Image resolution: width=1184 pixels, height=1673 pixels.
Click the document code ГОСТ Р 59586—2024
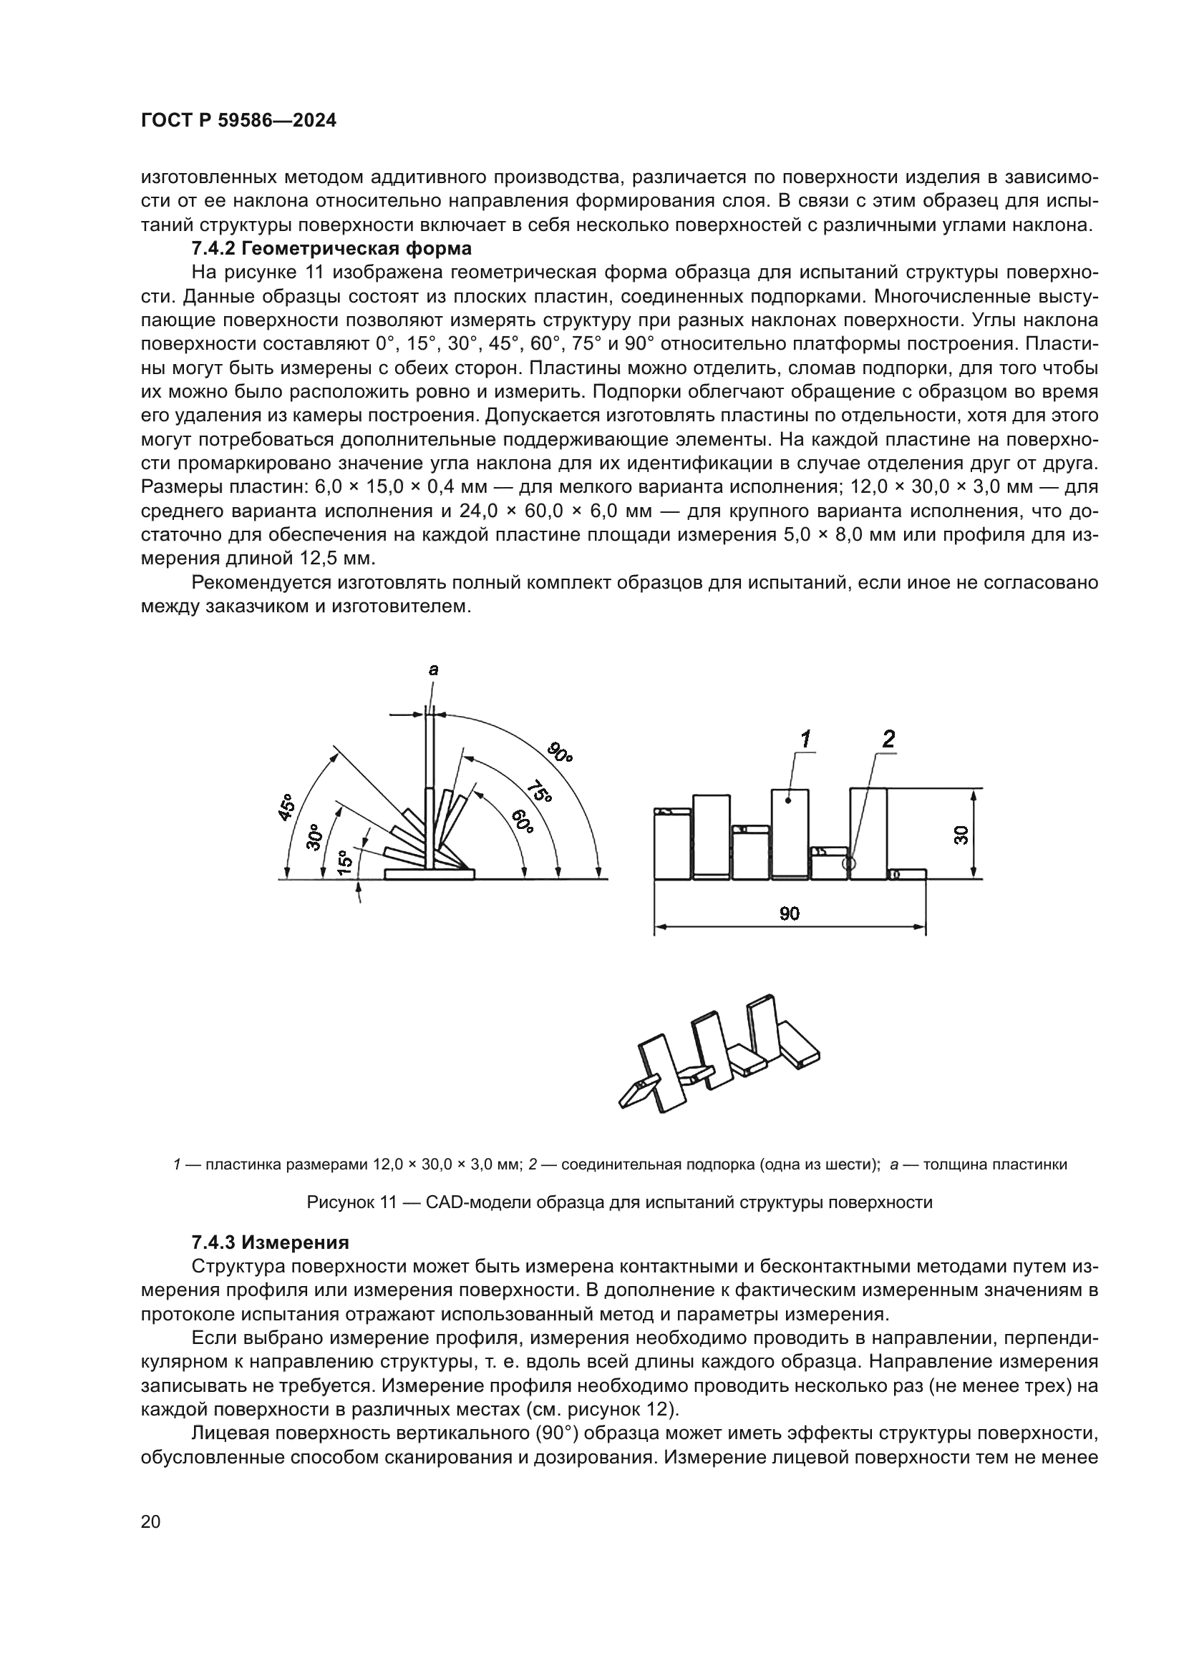238,121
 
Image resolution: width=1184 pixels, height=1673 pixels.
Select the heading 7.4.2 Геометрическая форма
331,248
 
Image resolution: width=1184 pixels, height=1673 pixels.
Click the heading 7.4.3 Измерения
270,1242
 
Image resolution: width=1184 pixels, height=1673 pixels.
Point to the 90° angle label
560,751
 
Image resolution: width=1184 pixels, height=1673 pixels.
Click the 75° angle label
538,790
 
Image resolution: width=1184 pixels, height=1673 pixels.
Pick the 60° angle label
520,821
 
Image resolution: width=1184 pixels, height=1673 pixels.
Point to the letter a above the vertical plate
433,669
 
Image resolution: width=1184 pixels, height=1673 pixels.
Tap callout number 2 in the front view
888,740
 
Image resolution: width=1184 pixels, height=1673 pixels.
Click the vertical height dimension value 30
961,835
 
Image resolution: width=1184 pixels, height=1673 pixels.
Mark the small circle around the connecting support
848,863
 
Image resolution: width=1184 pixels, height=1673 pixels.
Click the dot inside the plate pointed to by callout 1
790,801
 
